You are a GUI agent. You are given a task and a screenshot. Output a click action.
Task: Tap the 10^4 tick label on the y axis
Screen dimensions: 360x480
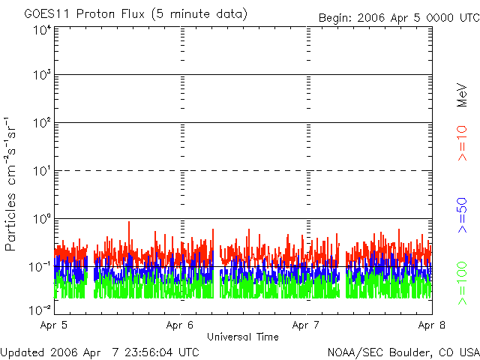(41, 30)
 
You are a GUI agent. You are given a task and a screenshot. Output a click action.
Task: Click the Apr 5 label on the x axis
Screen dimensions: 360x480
(55, 325)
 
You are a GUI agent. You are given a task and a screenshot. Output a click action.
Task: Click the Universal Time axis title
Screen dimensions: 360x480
(243, 337)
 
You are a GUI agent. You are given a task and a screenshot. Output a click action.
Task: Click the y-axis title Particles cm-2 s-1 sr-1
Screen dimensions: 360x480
(13, 184)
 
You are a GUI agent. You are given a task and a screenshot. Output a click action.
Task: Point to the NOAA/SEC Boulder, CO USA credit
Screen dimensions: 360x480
(403, 352)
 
